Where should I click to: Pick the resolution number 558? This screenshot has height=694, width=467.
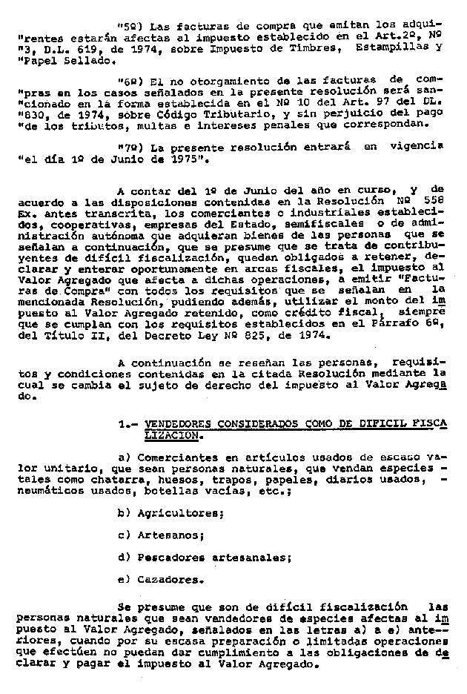click(x=433, y=199)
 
